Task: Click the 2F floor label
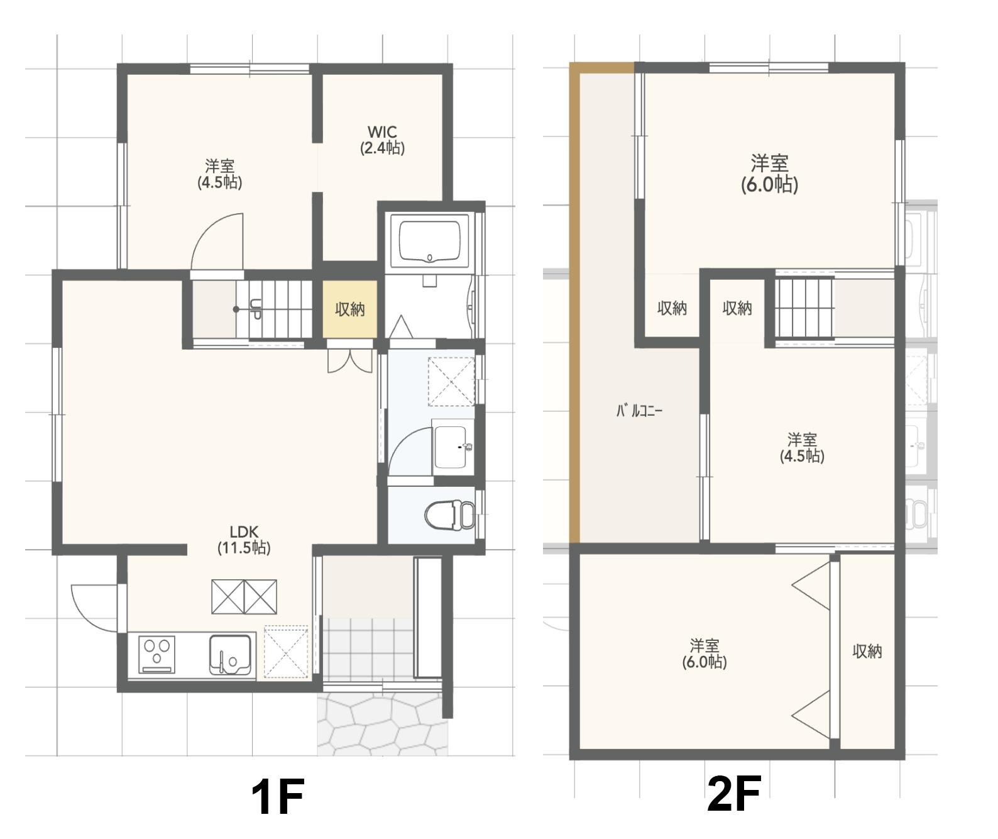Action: click(733, 794)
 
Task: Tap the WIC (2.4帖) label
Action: click(382, 140)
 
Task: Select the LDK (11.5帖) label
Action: click(244, 540)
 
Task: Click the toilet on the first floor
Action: click(450, 514)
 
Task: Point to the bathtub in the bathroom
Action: click(429, 241)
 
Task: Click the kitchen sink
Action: click(230, 654)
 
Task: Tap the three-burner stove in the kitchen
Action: click(156, 654)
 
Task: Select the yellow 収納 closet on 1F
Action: click(350, 309)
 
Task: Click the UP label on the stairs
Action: click(255, 309)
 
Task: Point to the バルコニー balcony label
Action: click(639, 411)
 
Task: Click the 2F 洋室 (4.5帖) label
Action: click(802, 448)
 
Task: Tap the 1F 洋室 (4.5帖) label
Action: click(220, 174)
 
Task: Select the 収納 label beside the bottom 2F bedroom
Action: click(867, 651)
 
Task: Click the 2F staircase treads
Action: click(805, 309)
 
